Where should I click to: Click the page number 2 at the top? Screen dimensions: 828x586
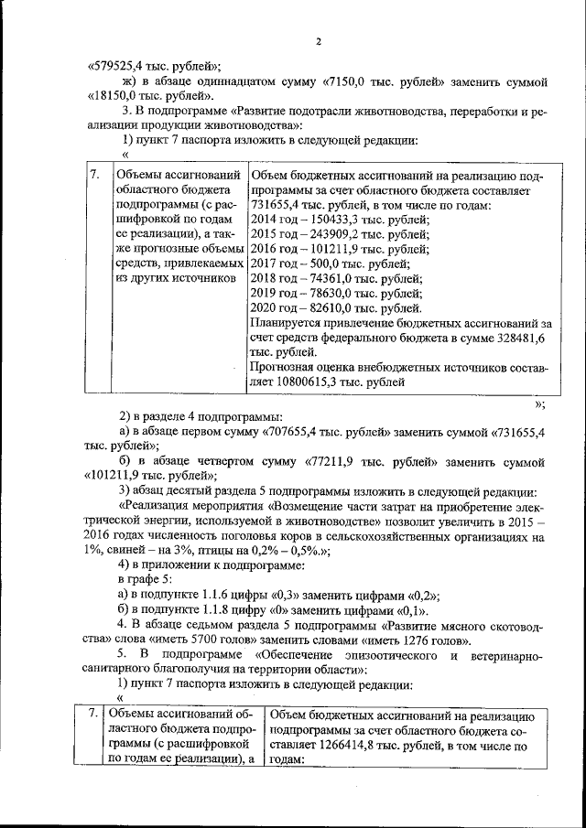318,41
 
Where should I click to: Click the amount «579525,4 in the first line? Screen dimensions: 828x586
118,65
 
